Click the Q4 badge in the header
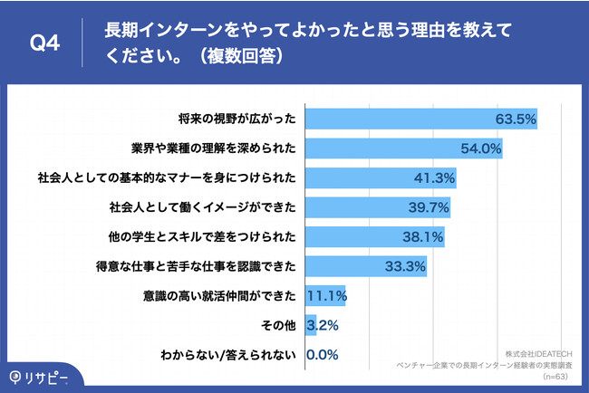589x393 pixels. (45, 43)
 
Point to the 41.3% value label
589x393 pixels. (433, 178)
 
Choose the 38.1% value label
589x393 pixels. (421, 237)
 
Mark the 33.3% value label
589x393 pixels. (404, 267)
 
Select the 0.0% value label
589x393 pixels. (323, 355)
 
